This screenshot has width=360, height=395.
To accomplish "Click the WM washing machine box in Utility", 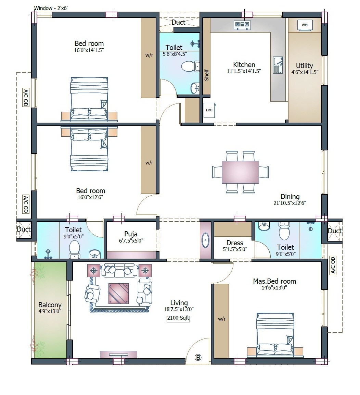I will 305,25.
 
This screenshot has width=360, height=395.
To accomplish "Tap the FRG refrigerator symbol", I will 209,110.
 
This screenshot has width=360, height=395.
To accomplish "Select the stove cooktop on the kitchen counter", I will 242,25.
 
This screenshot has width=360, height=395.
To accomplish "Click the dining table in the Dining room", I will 240,172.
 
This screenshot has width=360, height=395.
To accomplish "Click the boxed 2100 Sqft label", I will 178,319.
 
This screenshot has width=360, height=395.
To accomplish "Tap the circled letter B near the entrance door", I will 198,357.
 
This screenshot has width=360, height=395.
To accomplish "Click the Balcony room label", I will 50,305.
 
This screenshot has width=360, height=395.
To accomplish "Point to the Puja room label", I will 131,234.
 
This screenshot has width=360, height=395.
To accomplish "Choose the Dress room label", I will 235,243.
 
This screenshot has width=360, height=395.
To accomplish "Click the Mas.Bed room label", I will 274,281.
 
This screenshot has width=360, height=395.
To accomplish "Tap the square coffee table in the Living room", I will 119,294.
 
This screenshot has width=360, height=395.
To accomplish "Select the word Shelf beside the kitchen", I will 206,75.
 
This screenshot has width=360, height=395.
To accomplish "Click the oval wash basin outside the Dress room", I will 205,240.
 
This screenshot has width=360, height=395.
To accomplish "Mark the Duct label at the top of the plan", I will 178,22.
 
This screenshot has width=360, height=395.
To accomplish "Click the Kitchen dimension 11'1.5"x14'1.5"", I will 244,71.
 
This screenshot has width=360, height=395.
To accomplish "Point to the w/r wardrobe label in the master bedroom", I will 222,319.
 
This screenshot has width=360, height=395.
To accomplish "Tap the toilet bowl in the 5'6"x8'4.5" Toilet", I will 188,66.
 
